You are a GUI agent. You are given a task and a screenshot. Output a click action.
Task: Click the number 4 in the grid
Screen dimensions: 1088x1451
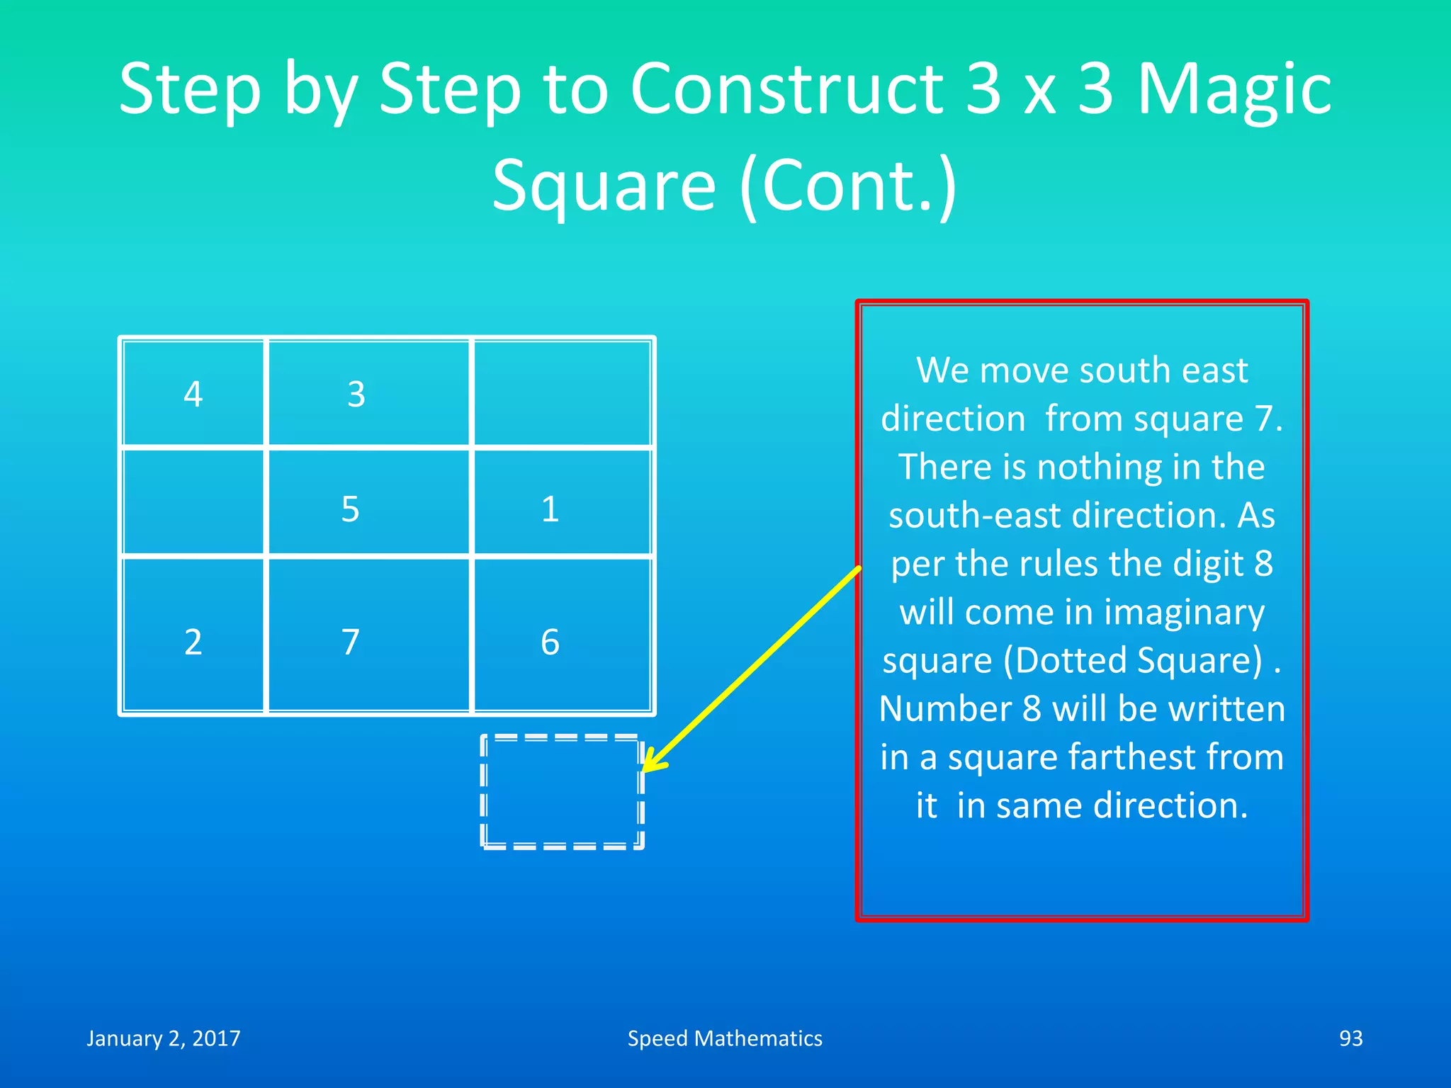tap(193, 394)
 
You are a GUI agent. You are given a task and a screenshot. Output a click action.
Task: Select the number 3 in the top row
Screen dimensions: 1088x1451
tap(356, 394)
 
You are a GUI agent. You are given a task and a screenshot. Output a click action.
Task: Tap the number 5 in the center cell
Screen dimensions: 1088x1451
tap(350, 509)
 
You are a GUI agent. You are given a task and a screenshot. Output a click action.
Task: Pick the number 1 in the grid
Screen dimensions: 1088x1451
tap(550, 509)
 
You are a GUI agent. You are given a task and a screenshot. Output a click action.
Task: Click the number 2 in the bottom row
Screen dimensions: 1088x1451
tap(193, 642)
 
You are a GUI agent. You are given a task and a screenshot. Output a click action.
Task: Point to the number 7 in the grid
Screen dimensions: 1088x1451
tap(350, 642)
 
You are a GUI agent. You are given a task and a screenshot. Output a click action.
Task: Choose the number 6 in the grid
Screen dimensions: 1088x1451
tap(550, 642)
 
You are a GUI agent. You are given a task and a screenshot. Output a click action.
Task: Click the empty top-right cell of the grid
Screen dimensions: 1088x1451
tap(562, 394)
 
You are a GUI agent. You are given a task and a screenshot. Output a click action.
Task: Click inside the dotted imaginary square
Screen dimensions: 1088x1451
tap(562, 792)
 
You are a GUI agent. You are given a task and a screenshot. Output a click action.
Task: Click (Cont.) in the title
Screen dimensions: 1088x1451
tap(847, 186)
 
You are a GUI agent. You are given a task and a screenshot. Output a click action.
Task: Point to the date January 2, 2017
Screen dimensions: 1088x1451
tap(164, 1038)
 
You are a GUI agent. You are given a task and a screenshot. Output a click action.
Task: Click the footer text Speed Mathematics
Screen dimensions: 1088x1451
tap(725, 1038)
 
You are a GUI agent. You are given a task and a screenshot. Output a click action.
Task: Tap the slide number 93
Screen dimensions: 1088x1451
tap(1350, 1038)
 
